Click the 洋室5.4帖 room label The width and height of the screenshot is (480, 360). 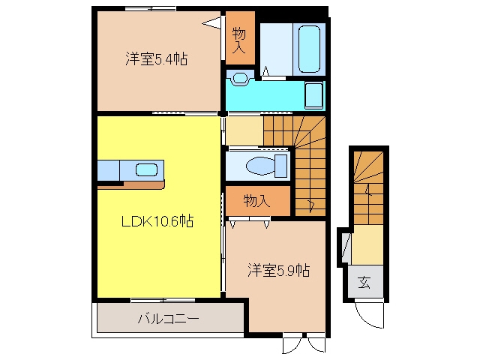pos(157,58)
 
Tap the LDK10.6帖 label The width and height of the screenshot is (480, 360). pos(157,220)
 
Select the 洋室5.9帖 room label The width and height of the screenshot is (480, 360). pos(278,270)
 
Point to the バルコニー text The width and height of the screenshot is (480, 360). pos(169,319)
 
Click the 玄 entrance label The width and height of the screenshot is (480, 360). pos(364,282)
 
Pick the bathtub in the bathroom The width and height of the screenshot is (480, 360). pos(309,49)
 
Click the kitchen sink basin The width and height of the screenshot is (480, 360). pos(146,170)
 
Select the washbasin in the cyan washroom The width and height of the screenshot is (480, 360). pos(240,78)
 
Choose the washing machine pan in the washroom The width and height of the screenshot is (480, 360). pos(313,95)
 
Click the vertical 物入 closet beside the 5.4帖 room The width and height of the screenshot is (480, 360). pos(240,38)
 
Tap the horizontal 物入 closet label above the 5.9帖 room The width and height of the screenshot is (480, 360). pos(256,201)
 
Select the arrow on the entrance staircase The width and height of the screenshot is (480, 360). pos(368,190)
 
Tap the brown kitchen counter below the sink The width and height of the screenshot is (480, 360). pos(131,185)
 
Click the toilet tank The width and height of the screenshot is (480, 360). pos(281,166)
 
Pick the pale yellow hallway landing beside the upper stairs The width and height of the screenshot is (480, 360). pos(244,130)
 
